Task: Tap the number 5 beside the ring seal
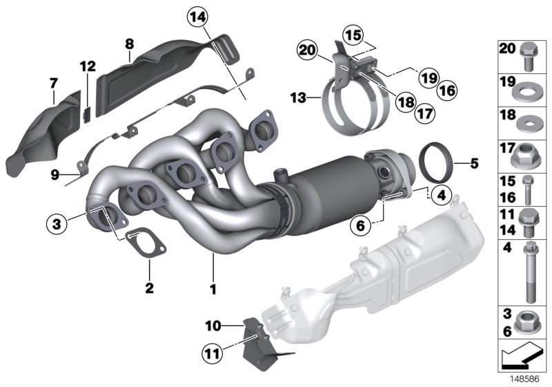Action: (474, 164)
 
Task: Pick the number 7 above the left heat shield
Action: (54, 83)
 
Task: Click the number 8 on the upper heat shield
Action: (128, 45)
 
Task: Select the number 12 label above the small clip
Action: (87, 66)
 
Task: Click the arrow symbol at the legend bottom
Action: (521, 360)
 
